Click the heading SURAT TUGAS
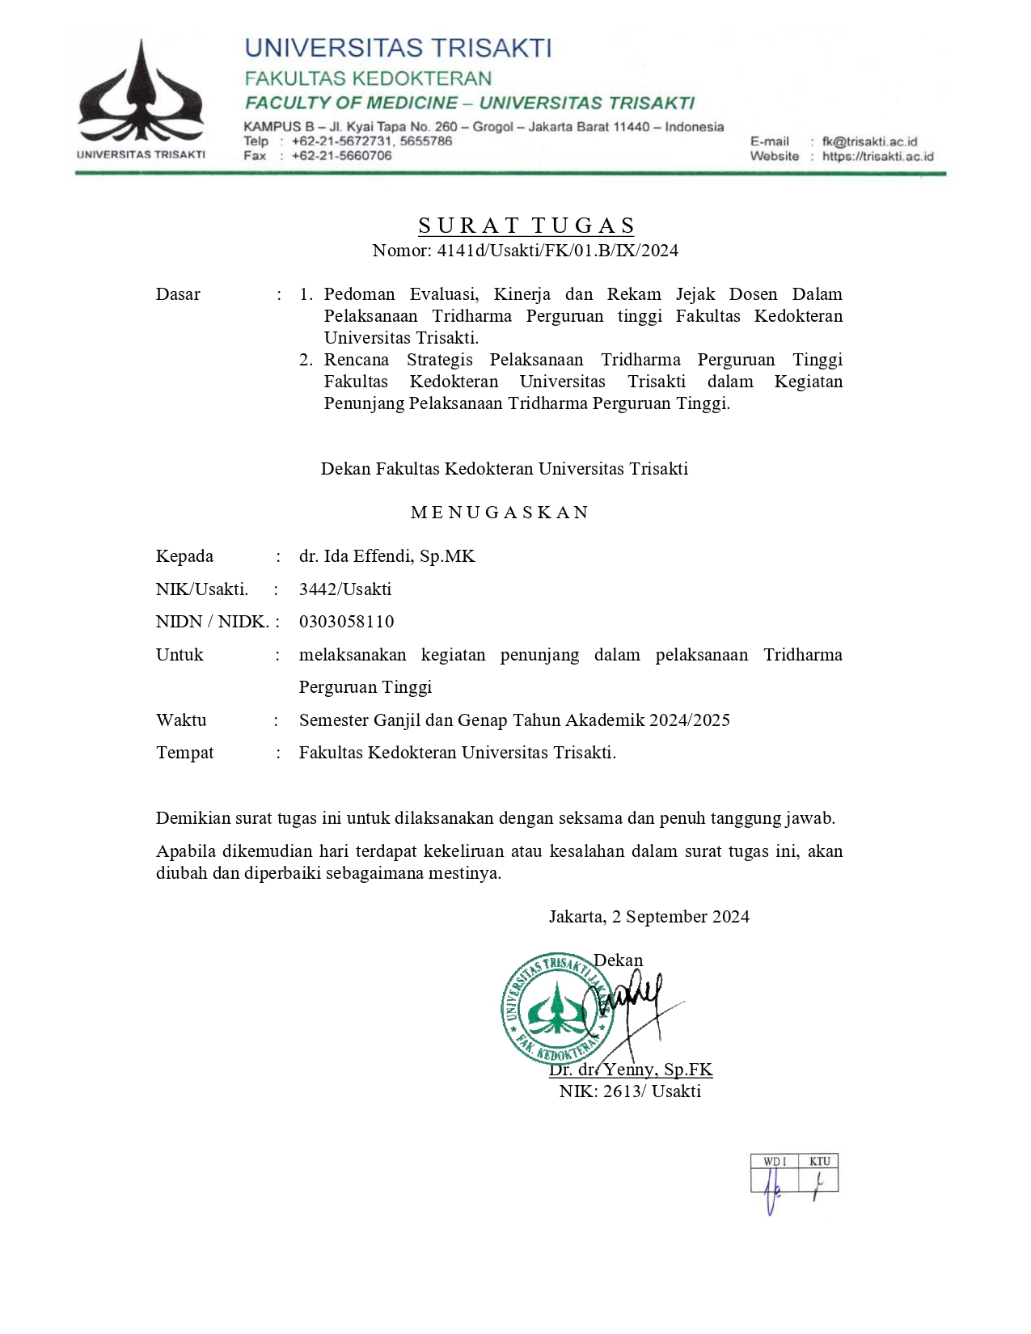[526, 226]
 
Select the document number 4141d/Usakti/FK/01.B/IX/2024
[557, 251]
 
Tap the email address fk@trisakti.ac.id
[869, 141]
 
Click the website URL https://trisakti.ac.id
[877, 157]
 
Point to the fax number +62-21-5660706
[341, 156]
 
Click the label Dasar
[178, 294]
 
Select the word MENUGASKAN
[500, 513]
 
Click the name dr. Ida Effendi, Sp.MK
[387, 556]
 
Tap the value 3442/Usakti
[345, 589]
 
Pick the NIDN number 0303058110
[347, 622]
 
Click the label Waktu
[181, 720]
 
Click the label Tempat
[185, 753]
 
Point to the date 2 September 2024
[680, 917]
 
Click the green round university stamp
[556, 1008]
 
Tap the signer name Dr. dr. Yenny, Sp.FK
[631, 1070]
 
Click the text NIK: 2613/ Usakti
[630, 1091]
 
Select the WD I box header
[774, 1162]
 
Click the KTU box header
[819, 1162]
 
